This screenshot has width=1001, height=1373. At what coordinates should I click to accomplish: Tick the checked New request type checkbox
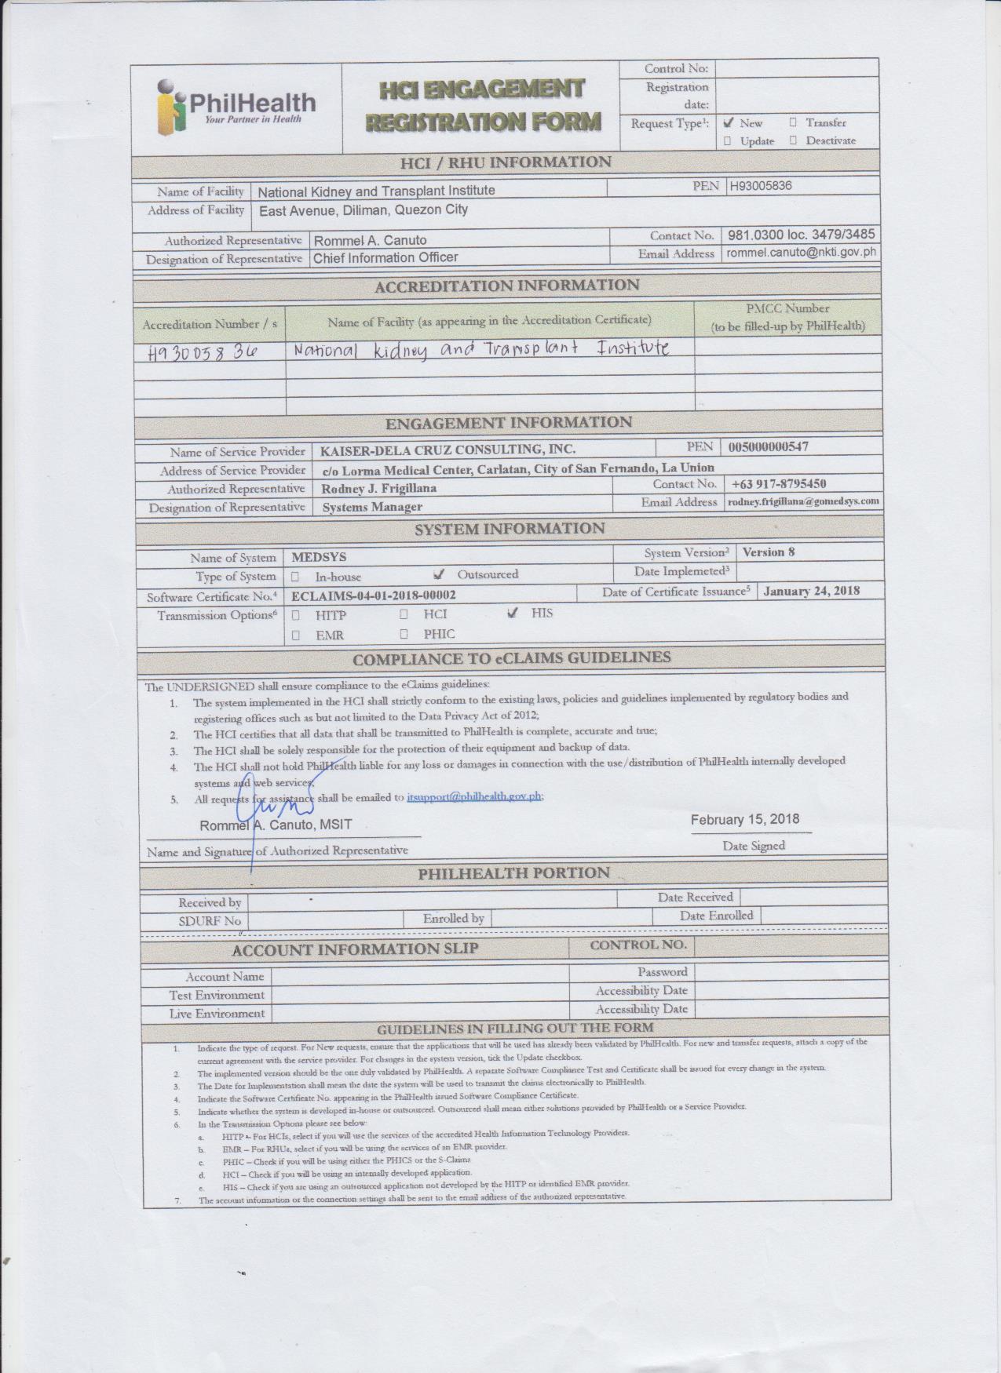pos(729,122)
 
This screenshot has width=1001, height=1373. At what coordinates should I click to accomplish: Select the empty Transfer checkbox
pos(793,122)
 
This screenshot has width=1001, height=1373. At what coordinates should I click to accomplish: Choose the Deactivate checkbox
pos(793,140)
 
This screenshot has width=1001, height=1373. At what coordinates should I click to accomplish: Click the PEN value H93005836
pos(760,186)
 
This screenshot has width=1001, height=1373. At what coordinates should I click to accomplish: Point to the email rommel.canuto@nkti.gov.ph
pos(800,253)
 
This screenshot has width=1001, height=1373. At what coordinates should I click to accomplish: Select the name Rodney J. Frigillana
pos(378,488)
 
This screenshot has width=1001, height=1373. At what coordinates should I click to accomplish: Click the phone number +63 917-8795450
pos(778,484)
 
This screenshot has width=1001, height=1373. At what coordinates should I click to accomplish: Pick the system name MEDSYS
pos(319,557)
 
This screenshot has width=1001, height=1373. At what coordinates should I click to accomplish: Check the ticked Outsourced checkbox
pos(439,574)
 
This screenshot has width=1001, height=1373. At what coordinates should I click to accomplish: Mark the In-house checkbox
pos(295,577)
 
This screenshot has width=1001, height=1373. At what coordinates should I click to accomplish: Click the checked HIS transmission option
pos(513,613)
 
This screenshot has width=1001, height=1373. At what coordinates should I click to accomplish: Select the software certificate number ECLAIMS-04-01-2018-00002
pos(373,595)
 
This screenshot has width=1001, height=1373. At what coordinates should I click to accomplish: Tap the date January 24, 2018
pos(811,591)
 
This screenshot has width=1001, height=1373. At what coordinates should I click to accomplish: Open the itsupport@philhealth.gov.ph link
pos(474,796)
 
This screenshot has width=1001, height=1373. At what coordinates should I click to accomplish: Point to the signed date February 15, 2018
pos(745,819)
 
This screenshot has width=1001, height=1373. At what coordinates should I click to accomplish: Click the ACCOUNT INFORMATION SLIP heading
pos(354,949)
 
